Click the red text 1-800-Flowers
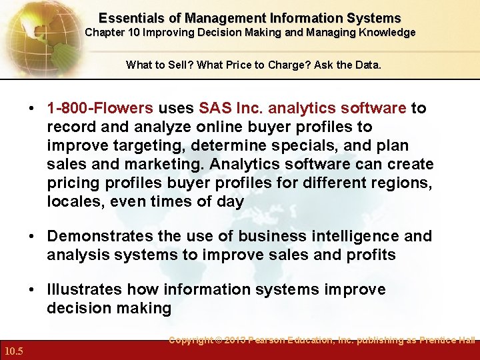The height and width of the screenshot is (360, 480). [x=100, y=108]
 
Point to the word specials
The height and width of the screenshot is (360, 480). [x=323, y=145]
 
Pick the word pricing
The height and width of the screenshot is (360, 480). [x=74, y=183]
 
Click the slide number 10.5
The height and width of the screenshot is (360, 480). [x=13, y=351]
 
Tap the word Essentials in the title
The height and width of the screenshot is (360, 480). [x=129, y=19]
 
